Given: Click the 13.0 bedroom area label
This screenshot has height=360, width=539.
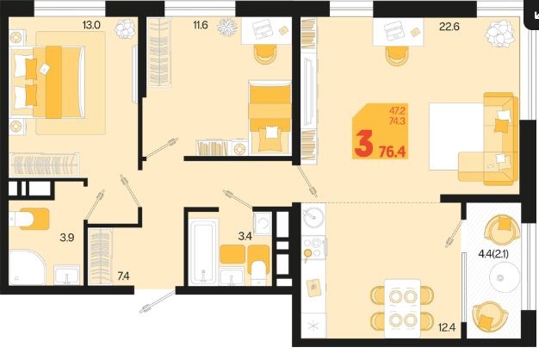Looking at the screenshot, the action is pyautogui.click(x=91, y=25).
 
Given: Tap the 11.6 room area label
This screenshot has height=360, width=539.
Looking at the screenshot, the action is pyautogui.click(x=201, y=25).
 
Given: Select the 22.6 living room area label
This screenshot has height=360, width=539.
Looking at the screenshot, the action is pyautogui.click(x=449, y=27).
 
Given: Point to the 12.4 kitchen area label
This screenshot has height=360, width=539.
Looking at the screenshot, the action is pyautogui.click(x=447, y=327).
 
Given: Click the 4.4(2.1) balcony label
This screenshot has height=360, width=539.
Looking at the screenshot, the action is pyautogui.click(x=493, y=254).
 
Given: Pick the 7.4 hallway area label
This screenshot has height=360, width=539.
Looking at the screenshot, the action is pyautogui.click(x=123, y=276).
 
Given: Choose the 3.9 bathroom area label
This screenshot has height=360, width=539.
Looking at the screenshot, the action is pyautogui.click(x=67, y=237).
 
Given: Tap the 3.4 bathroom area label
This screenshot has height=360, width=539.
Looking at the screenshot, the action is pyautogui.click(x=245, y=236).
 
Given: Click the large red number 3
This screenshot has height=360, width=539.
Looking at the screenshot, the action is pyautogui.click(x=364, y=144).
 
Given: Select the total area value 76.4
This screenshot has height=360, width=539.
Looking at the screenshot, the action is pyautogui.click(x=393, y=152).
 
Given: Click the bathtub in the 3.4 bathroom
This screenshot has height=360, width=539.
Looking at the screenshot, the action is pyautogui.click(x=203, y=252).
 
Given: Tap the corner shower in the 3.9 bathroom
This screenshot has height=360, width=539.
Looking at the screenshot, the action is pyautogui.click(x=27, y=268).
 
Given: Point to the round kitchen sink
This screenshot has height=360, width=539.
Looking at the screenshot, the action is pyautogui.click(x=313, y=217).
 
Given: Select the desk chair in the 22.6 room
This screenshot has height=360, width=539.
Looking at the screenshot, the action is pyautogui.click(x=397, y=56).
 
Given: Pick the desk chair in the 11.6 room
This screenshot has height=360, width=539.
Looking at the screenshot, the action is pyautogui.click(x=265, y=54).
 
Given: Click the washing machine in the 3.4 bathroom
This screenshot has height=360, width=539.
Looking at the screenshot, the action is pyautogui.click(x=263, y=223).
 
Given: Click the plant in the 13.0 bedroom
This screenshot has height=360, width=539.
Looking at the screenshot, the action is pyautogui.click(x=125, y=28).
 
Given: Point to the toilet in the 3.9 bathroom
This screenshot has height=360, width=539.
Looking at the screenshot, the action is pyautogui.click(x=29, y=219).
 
